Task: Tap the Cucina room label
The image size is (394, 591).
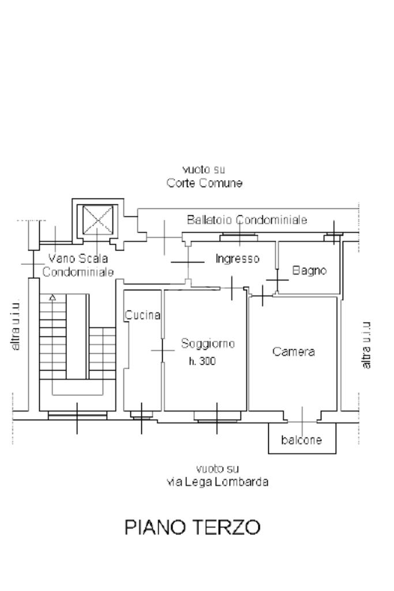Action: (142, 315)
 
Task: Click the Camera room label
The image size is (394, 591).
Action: (294, 351)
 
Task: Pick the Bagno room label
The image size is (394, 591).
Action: (309, 270)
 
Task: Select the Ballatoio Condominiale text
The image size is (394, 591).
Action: (247, 220)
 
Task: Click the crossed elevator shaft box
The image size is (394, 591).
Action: (97, 220)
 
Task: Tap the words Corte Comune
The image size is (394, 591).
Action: (203, 184)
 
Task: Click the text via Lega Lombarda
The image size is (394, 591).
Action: (217, 482)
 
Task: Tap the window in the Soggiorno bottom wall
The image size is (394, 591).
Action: (216, 415)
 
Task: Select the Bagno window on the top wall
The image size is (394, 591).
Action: (333, 235)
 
